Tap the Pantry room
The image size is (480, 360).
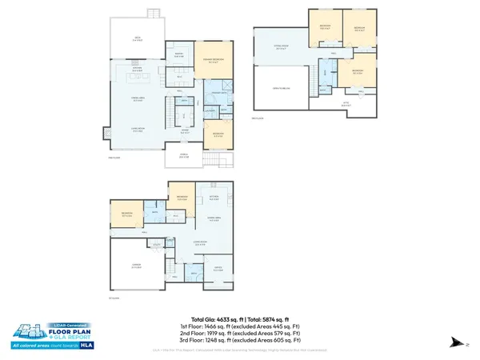coord(179,56)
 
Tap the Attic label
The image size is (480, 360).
coord(346,103)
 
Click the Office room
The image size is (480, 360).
coord(218,269)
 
